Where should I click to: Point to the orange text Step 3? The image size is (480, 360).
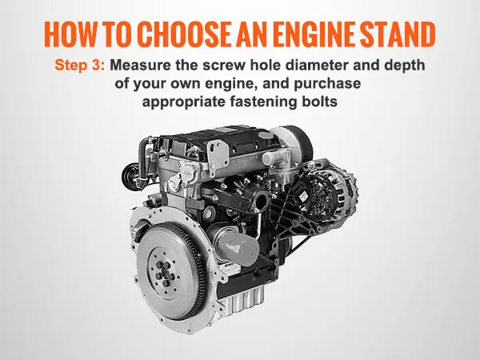[x=80, y=66]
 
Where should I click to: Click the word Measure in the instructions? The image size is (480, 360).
[x=140, y=66]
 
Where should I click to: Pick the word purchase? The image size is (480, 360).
[x=327, y=84]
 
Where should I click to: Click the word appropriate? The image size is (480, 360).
[x=184, y=102]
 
